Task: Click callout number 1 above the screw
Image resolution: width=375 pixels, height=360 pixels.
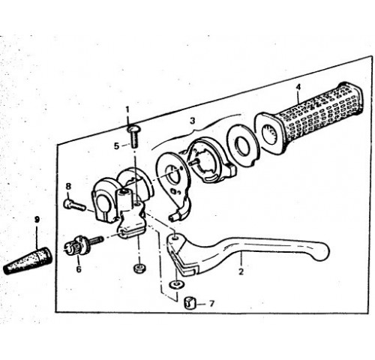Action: click(128, 109)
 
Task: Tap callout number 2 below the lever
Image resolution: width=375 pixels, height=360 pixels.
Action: click(241, 271)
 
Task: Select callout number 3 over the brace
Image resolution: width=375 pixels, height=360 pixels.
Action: click(192, 121)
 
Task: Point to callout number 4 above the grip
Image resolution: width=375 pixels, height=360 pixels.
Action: click(298, 87)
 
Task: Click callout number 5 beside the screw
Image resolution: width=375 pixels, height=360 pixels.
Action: click(116, 146)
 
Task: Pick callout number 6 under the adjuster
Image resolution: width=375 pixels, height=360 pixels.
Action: click(79, 269)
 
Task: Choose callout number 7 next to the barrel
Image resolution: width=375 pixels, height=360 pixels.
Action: click(211, 304)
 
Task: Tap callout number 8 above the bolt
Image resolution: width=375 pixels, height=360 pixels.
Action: click(68, 186)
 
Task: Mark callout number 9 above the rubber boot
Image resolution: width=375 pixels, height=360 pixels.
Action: click(37, 220)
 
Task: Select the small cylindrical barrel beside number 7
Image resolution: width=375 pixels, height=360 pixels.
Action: click(190, 303)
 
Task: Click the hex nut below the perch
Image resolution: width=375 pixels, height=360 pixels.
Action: click(139, 268)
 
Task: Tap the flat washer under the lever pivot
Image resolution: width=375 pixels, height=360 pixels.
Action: click(177, 284)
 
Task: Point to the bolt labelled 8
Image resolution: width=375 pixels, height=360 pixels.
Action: click(75, 204)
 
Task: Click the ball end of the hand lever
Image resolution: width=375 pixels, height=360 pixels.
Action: click(322, 252)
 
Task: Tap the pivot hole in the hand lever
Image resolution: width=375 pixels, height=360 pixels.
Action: click(174, 236)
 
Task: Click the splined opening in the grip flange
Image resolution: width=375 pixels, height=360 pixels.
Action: click(271, 135)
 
